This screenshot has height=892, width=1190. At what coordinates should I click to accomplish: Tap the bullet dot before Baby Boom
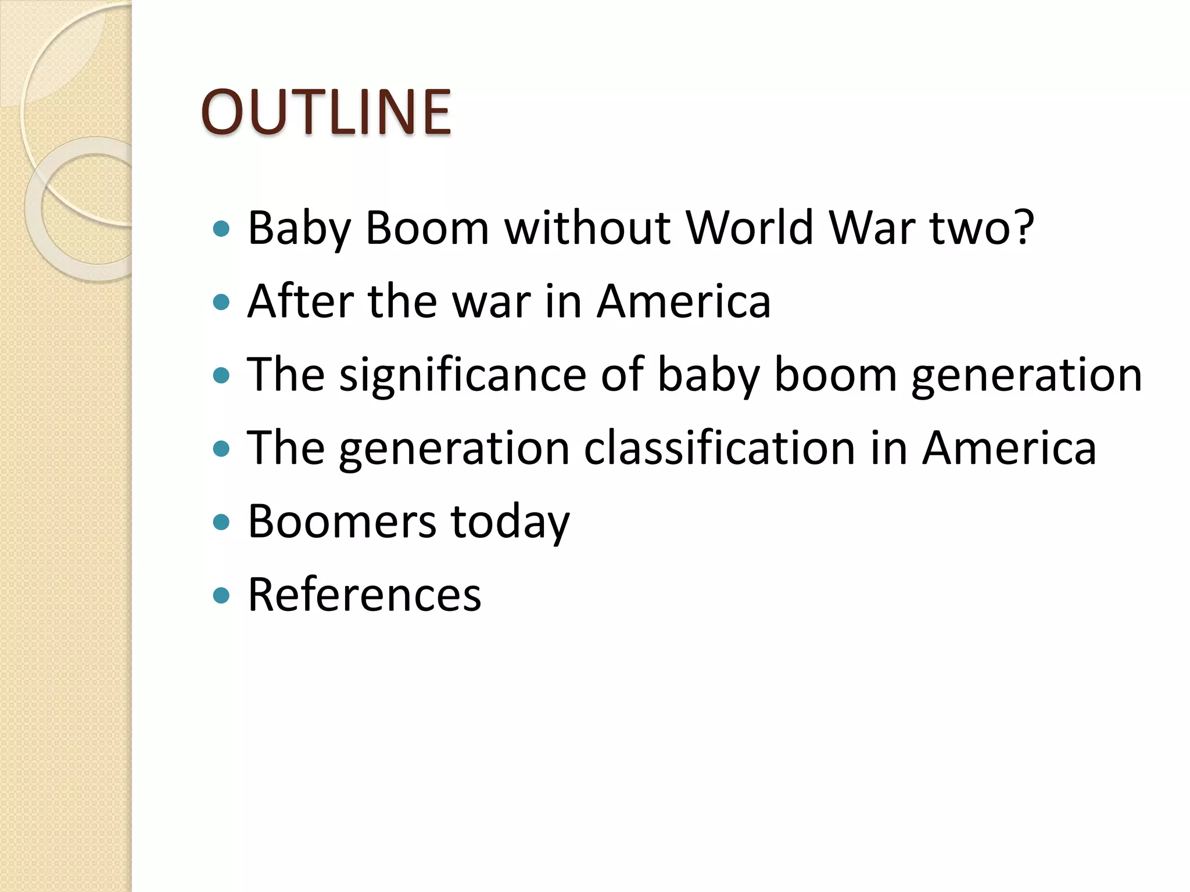pos(221,229)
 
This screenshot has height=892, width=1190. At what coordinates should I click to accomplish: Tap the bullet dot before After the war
pos(221,302)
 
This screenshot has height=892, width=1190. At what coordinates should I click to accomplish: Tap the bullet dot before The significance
pos(221,376)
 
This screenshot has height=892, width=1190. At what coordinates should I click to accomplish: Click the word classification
pos(719,448)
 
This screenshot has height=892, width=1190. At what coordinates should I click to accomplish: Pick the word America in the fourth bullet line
pos(1009,448)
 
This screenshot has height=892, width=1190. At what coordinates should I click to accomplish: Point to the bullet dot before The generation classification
pos(221,449)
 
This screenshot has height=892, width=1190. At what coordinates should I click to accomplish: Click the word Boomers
pos(342,521)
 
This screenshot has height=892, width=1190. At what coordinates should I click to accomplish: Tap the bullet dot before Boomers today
pos(221,522)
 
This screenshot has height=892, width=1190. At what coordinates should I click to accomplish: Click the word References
pos(364,595)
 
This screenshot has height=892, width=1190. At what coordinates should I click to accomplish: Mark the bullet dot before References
pos(221,595)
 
